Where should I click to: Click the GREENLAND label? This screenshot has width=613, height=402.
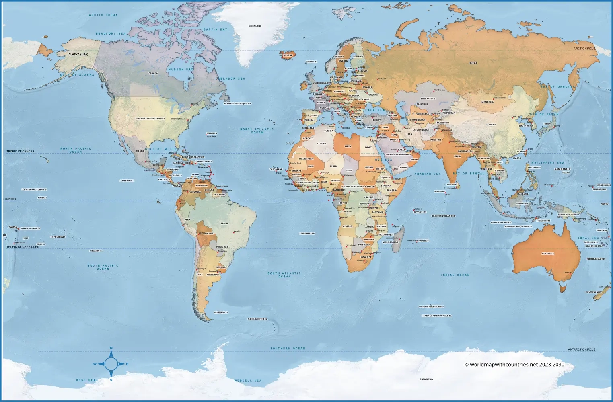(x=255, y=26)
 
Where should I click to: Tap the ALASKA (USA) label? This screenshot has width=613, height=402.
(x=78, y=54)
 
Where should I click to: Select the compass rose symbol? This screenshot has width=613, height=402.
(x=111, y=364)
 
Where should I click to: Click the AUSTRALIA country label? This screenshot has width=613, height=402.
(x=548, y=254)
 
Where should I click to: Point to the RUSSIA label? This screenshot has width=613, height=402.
(x=473, y=63)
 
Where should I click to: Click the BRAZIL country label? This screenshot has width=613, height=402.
(x=224, y=223)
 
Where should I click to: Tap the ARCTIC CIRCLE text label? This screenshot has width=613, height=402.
(x=584, y=49)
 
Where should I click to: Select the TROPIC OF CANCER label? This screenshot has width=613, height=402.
(x=21, y=152)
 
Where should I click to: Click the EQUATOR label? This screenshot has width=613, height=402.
(x=10, y=199)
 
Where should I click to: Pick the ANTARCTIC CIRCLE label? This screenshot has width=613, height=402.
(x=581, y=349)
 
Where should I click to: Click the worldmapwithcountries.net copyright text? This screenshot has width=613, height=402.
(x=514, y=365)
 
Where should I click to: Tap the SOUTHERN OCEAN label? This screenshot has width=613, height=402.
(x=288, y=349)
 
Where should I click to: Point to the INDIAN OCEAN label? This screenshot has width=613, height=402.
(x=455, y=275)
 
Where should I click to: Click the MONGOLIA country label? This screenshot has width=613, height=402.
(x=488, y=102)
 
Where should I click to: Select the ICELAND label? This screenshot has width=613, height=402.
(x=288, y=55)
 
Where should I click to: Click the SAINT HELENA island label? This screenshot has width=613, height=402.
(x=307, y=233)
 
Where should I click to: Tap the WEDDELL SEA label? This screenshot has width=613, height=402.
(x=248, y=381)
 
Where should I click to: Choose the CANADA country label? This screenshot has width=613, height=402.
(x=153, y=73)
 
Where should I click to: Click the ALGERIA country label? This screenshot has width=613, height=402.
(x=321, y=144)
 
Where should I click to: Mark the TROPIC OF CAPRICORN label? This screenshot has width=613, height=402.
(x=23, y=247)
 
